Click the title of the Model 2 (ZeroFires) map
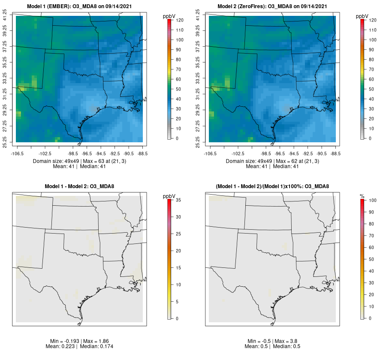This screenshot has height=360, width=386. pyautogui.click(x=272, y=6)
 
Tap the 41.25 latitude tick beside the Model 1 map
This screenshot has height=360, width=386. pyautogui.click(x=5, y=16)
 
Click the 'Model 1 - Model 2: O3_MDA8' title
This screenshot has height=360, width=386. pyautogui.click(x=79, y=186)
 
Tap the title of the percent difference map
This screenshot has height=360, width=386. pyautogui.click(x=272, y=186)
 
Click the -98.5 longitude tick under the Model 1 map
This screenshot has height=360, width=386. pyautogui.click(x=73, y=153)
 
